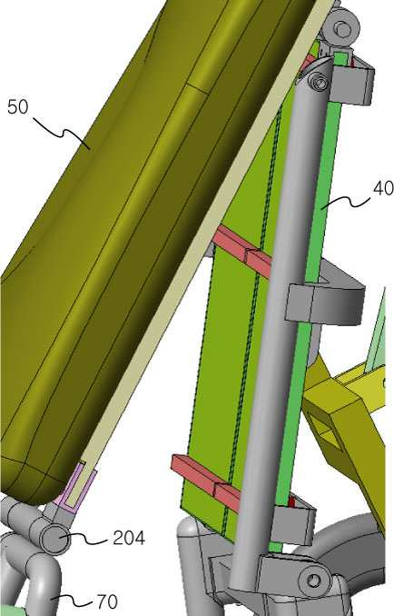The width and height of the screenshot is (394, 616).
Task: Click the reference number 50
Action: pyautogui.click(x=18, y=106)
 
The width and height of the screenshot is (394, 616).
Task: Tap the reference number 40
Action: pyautogui.click(x=383, y=189)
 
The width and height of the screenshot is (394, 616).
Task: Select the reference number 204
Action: pyautogui.click(x=129, y=538)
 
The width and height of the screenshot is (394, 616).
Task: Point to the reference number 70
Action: pyautogui.click(x=107, y=601)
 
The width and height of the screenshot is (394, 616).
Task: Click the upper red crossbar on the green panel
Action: pyautogui.click(x=241, y=249)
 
